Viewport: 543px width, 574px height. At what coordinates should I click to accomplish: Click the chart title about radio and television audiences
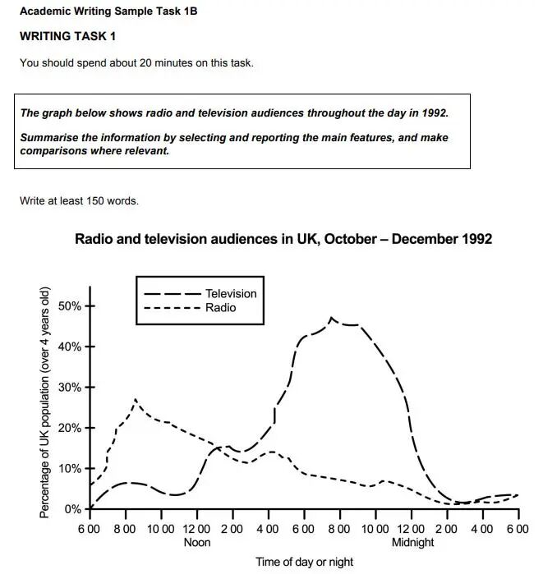click(x=283, y=239)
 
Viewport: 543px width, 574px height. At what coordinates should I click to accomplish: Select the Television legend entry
click(x=230, y=293)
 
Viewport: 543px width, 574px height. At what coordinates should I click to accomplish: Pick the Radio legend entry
click(x=220, y=308)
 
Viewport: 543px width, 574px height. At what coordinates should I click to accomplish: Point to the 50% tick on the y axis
click(x=70, y=306)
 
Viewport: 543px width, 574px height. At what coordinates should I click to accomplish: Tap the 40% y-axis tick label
click(x=70, y=347)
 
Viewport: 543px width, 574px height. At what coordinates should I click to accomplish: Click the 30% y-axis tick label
click(x=70, y=388)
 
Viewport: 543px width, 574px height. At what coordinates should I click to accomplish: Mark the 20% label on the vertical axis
click(x=70, y=428)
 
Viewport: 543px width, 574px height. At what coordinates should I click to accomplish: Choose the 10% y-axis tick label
click(x=70, y=469)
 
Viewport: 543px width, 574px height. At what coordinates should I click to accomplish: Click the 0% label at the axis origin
click(x=73, y=509)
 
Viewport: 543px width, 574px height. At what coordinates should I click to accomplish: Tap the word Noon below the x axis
click(x=197, y=542)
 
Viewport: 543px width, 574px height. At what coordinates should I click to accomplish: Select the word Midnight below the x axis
click(x=412, y=542)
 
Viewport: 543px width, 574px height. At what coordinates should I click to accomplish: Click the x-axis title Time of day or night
click(x=304, y=563)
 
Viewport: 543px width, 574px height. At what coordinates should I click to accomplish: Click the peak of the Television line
click(x=331, y=318)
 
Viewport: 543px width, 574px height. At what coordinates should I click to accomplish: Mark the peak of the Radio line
click(x=135, y=400)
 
